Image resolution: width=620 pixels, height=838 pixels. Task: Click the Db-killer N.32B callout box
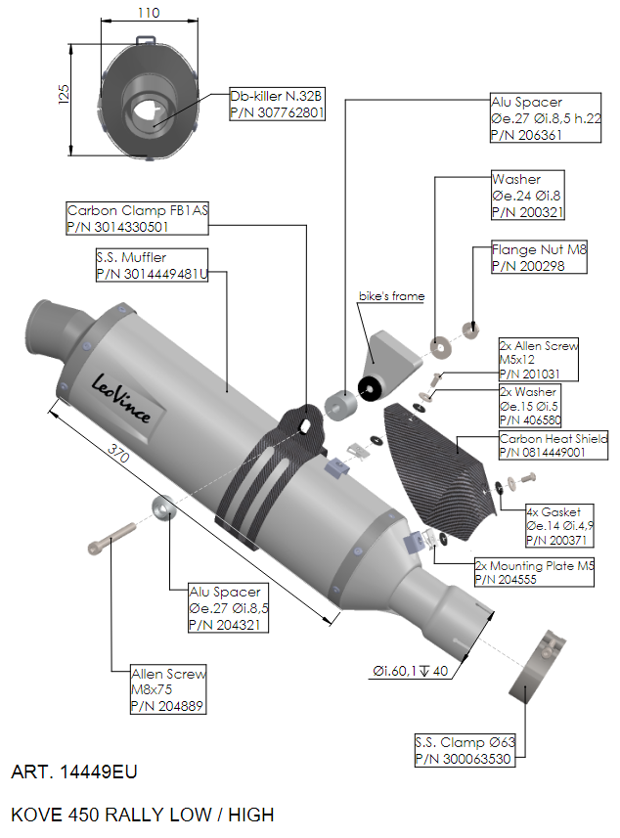point(277,104)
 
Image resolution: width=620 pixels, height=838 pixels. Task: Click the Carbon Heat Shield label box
point(554,445)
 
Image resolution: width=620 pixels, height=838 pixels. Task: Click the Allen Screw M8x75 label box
point(168,689)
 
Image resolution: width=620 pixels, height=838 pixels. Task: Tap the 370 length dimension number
point(118,453)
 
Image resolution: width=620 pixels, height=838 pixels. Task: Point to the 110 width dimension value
point(149,13)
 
